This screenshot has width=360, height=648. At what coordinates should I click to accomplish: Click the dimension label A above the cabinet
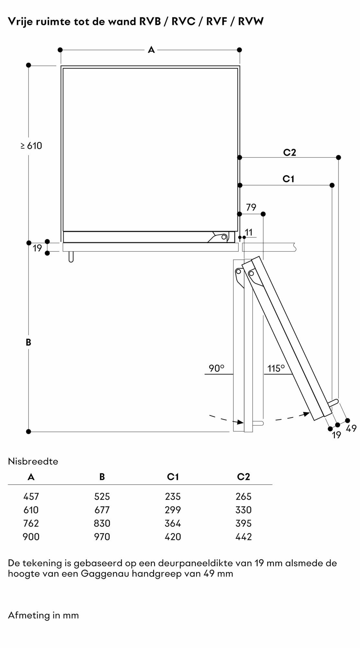[x=151, y=50]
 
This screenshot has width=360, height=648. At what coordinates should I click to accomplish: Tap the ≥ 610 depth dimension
[x=31, y=146]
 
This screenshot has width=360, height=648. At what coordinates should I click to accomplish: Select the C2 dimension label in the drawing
[x=289, y=152]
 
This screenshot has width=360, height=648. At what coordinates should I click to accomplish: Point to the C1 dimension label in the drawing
[x=288, y=179]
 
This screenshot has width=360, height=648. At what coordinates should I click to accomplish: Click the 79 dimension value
[x=251, y=207]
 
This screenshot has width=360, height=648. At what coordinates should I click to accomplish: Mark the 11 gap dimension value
[x=249, y=232]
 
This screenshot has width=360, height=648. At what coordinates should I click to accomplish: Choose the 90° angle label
[x=216, y=368]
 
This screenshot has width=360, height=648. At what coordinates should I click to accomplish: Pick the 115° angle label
[x=276, y=368]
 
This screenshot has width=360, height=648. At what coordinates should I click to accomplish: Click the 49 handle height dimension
[x=351, y=429]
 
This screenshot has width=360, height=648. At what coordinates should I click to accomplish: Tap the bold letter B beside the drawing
[x=29, y=342]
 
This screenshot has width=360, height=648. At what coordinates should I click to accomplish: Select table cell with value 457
[x=31, y=496]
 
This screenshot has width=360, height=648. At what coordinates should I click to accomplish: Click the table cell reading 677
[x=102, y=510]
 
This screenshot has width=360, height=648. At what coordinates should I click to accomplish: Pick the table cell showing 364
[x=173, y=523]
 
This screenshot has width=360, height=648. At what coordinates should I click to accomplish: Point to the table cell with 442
[x=243, y=537]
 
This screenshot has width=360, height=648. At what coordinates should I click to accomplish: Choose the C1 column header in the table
[x=173, y=477]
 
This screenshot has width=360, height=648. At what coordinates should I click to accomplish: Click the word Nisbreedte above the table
[x=33, y=461]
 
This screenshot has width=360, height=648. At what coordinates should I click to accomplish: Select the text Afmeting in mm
[x=43, y=615]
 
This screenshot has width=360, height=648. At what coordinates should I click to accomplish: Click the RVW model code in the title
[x=251, y=21]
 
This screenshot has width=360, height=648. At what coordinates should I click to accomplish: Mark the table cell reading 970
[x=102, y=537]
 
